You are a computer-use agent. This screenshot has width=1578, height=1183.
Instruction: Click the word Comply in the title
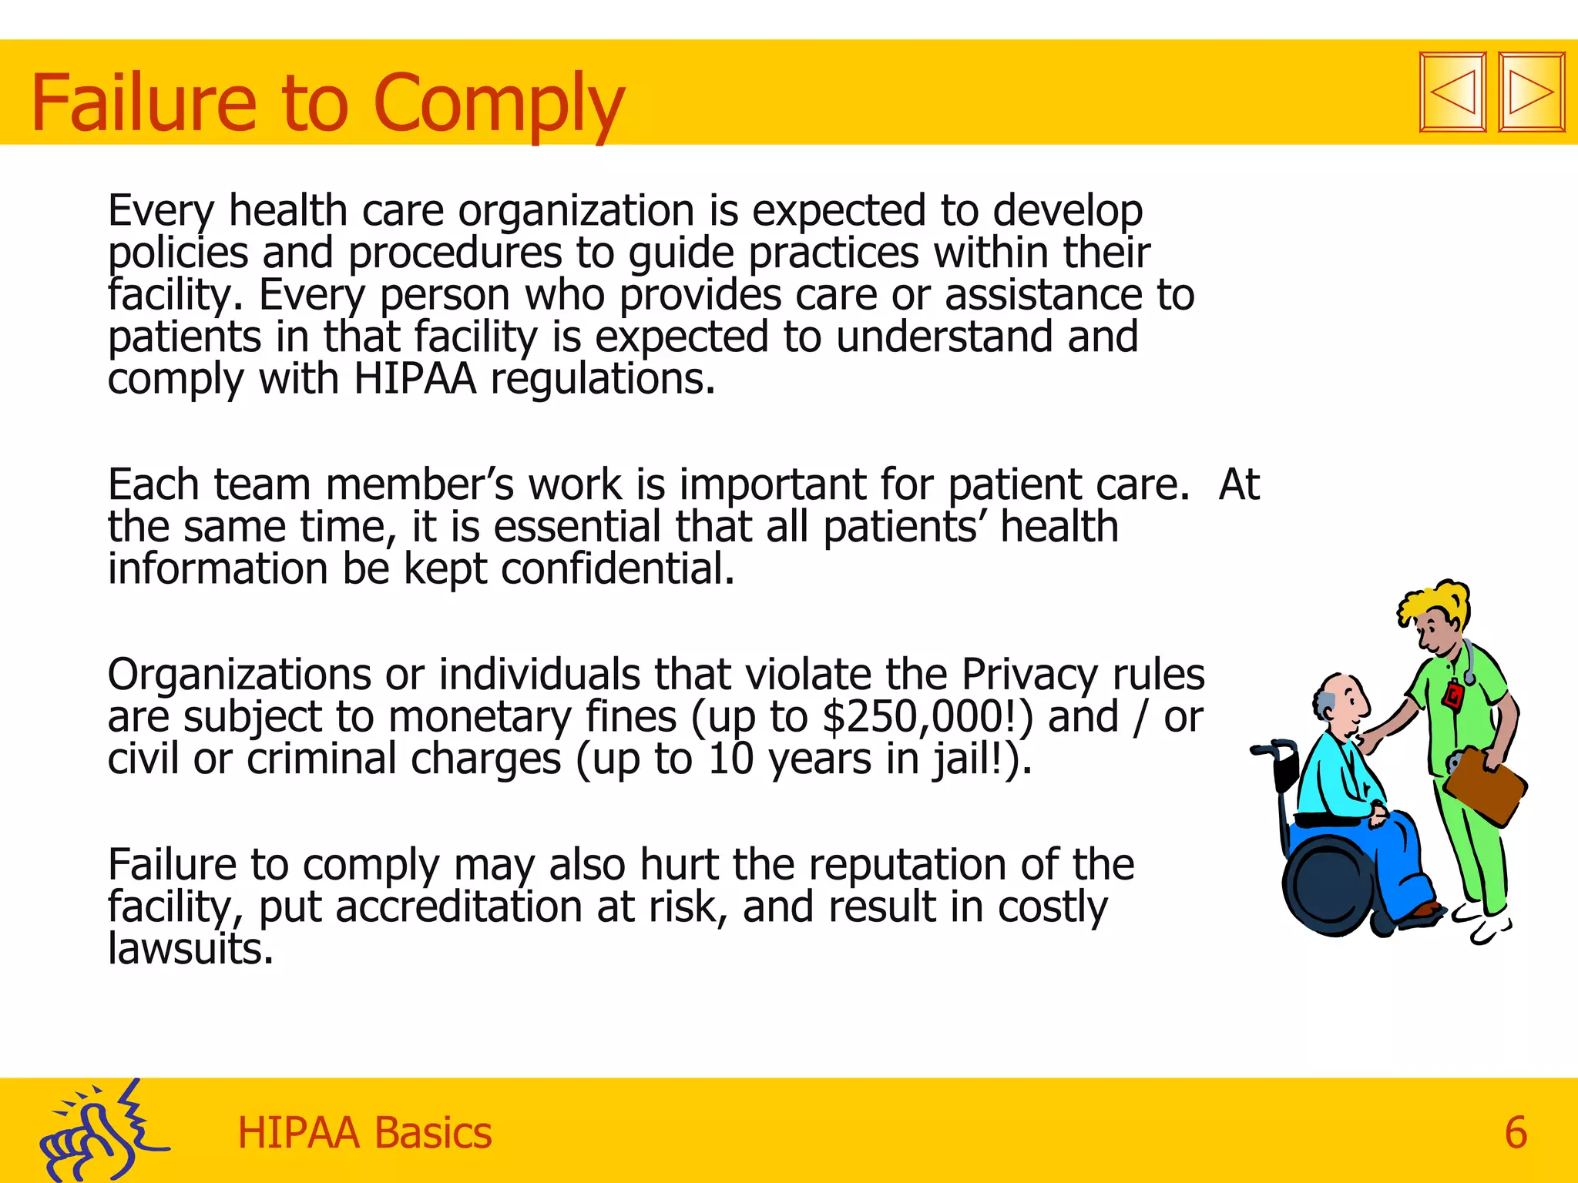tap(498, 104)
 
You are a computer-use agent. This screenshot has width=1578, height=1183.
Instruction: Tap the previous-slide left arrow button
tap(1452, 92)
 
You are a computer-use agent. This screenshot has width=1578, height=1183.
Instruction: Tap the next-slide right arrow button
tap(1531, 92)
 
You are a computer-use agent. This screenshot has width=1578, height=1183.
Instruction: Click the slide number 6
tap(1515, 1133)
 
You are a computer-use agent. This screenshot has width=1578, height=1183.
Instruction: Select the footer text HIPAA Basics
tap(364, 1133)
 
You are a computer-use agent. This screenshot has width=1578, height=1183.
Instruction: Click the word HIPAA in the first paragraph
tap(415, 380)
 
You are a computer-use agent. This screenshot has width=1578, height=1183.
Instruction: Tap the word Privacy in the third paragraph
tap(1029, 675)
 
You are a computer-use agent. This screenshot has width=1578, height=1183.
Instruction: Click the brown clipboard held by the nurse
tap(1485, 786)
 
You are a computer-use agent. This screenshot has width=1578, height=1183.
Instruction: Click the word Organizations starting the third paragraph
tap(240, 675)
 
